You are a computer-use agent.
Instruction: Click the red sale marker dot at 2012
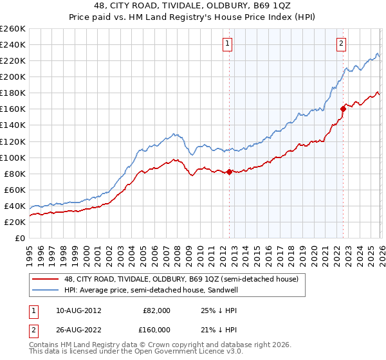tap(229, 172)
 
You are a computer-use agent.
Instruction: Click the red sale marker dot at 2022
tap(343, 109)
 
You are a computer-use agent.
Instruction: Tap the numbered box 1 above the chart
tap(228, 44)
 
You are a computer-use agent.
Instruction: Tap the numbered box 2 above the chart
tap(340, 44)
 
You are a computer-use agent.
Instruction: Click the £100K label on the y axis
tap(13, 157)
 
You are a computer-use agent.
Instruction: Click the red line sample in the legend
tap(46, 280)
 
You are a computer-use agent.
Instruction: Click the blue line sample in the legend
tap(46, 290)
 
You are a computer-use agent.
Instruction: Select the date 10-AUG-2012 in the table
tap(78, 310)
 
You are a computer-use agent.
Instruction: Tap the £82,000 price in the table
tap(156, 310)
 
